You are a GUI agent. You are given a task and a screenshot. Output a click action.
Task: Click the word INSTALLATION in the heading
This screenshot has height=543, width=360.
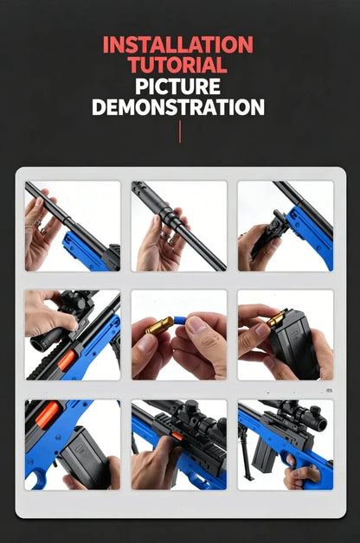pyautogui.click(x=178, y=44)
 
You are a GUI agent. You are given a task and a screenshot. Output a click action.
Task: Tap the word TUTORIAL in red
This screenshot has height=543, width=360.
pyautogui.click(x=177, y=64)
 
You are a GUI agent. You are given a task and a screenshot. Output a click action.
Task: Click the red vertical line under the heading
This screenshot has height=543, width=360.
pyautogui.click(x=180, y=131)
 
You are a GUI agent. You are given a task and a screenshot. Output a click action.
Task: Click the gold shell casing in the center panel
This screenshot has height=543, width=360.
pyautogui.click(x=159, y=326)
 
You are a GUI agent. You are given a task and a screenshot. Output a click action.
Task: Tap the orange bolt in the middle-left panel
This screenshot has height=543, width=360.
pyautogui.click(x=67, y=361)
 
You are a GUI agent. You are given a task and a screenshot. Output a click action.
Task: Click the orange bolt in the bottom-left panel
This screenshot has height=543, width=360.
pyautogui.click(x=48, y=414)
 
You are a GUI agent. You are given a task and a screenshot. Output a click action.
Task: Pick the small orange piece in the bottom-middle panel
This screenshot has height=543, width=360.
pyautogui.click(x=177, y=436)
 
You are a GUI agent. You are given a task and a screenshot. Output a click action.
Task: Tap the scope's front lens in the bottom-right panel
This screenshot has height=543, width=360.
pyautogui.click(x=321, y=424)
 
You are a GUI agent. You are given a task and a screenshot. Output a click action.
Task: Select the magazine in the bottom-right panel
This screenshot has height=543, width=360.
pyautogui.click(x=263, y=453)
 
